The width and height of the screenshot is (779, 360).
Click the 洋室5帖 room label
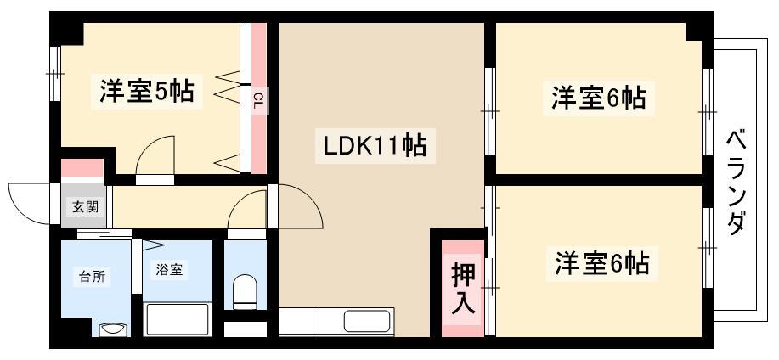147,90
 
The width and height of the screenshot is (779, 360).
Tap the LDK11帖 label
375,146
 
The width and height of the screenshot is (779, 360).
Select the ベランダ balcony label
737,183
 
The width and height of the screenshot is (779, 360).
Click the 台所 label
92,277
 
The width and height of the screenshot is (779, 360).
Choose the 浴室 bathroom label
169,270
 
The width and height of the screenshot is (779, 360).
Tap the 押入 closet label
462,289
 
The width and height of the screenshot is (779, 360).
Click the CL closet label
258,103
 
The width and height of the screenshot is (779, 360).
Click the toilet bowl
245,291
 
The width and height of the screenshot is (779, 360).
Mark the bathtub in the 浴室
178,318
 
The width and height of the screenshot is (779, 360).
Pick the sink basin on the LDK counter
368,321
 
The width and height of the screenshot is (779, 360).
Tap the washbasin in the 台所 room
113,330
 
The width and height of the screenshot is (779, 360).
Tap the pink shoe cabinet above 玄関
82,168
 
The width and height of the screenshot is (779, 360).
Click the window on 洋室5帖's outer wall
55,74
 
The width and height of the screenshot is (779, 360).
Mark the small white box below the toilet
246,329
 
